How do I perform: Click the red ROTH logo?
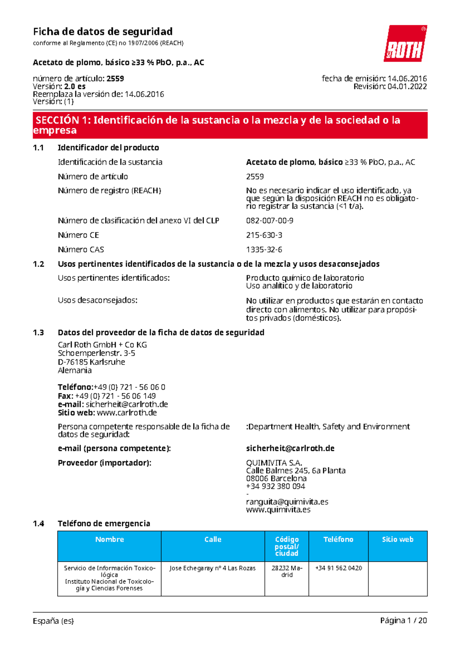coord(405,44)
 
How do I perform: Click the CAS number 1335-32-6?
coord(264,250)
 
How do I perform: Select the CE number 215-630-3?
coord(264,235)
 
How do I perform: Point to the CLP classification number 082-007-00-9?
coord(269,220)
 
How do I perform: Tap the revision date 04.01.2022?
coord(407,87)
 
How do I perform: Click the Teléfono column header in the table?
coord(338,539)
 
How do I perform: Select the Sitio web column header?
coord(398,539)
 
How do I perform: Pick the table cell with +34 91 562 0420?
coord(338,568)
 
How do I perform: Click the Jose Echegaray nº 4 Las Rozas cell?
coord(212,568)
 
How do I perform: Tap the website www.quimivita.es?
coord(278,510)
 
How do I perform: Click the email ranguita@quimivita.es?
coord(287,502)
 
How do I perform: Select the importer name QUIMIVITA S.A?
coord(274,463)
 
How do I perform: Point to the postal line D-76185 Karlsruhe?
coord(91,362)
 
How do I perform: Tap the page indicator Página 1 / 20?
coord(403,621)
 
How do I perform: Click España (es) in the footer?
coord(53,621)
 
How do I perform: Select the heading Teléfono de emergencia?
coord(103,524)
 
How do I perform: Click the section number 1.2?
coord(38,264)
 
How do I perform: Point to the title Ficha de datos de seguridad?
coord(103,31)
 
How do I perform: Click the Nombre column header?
coord(109,539)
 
